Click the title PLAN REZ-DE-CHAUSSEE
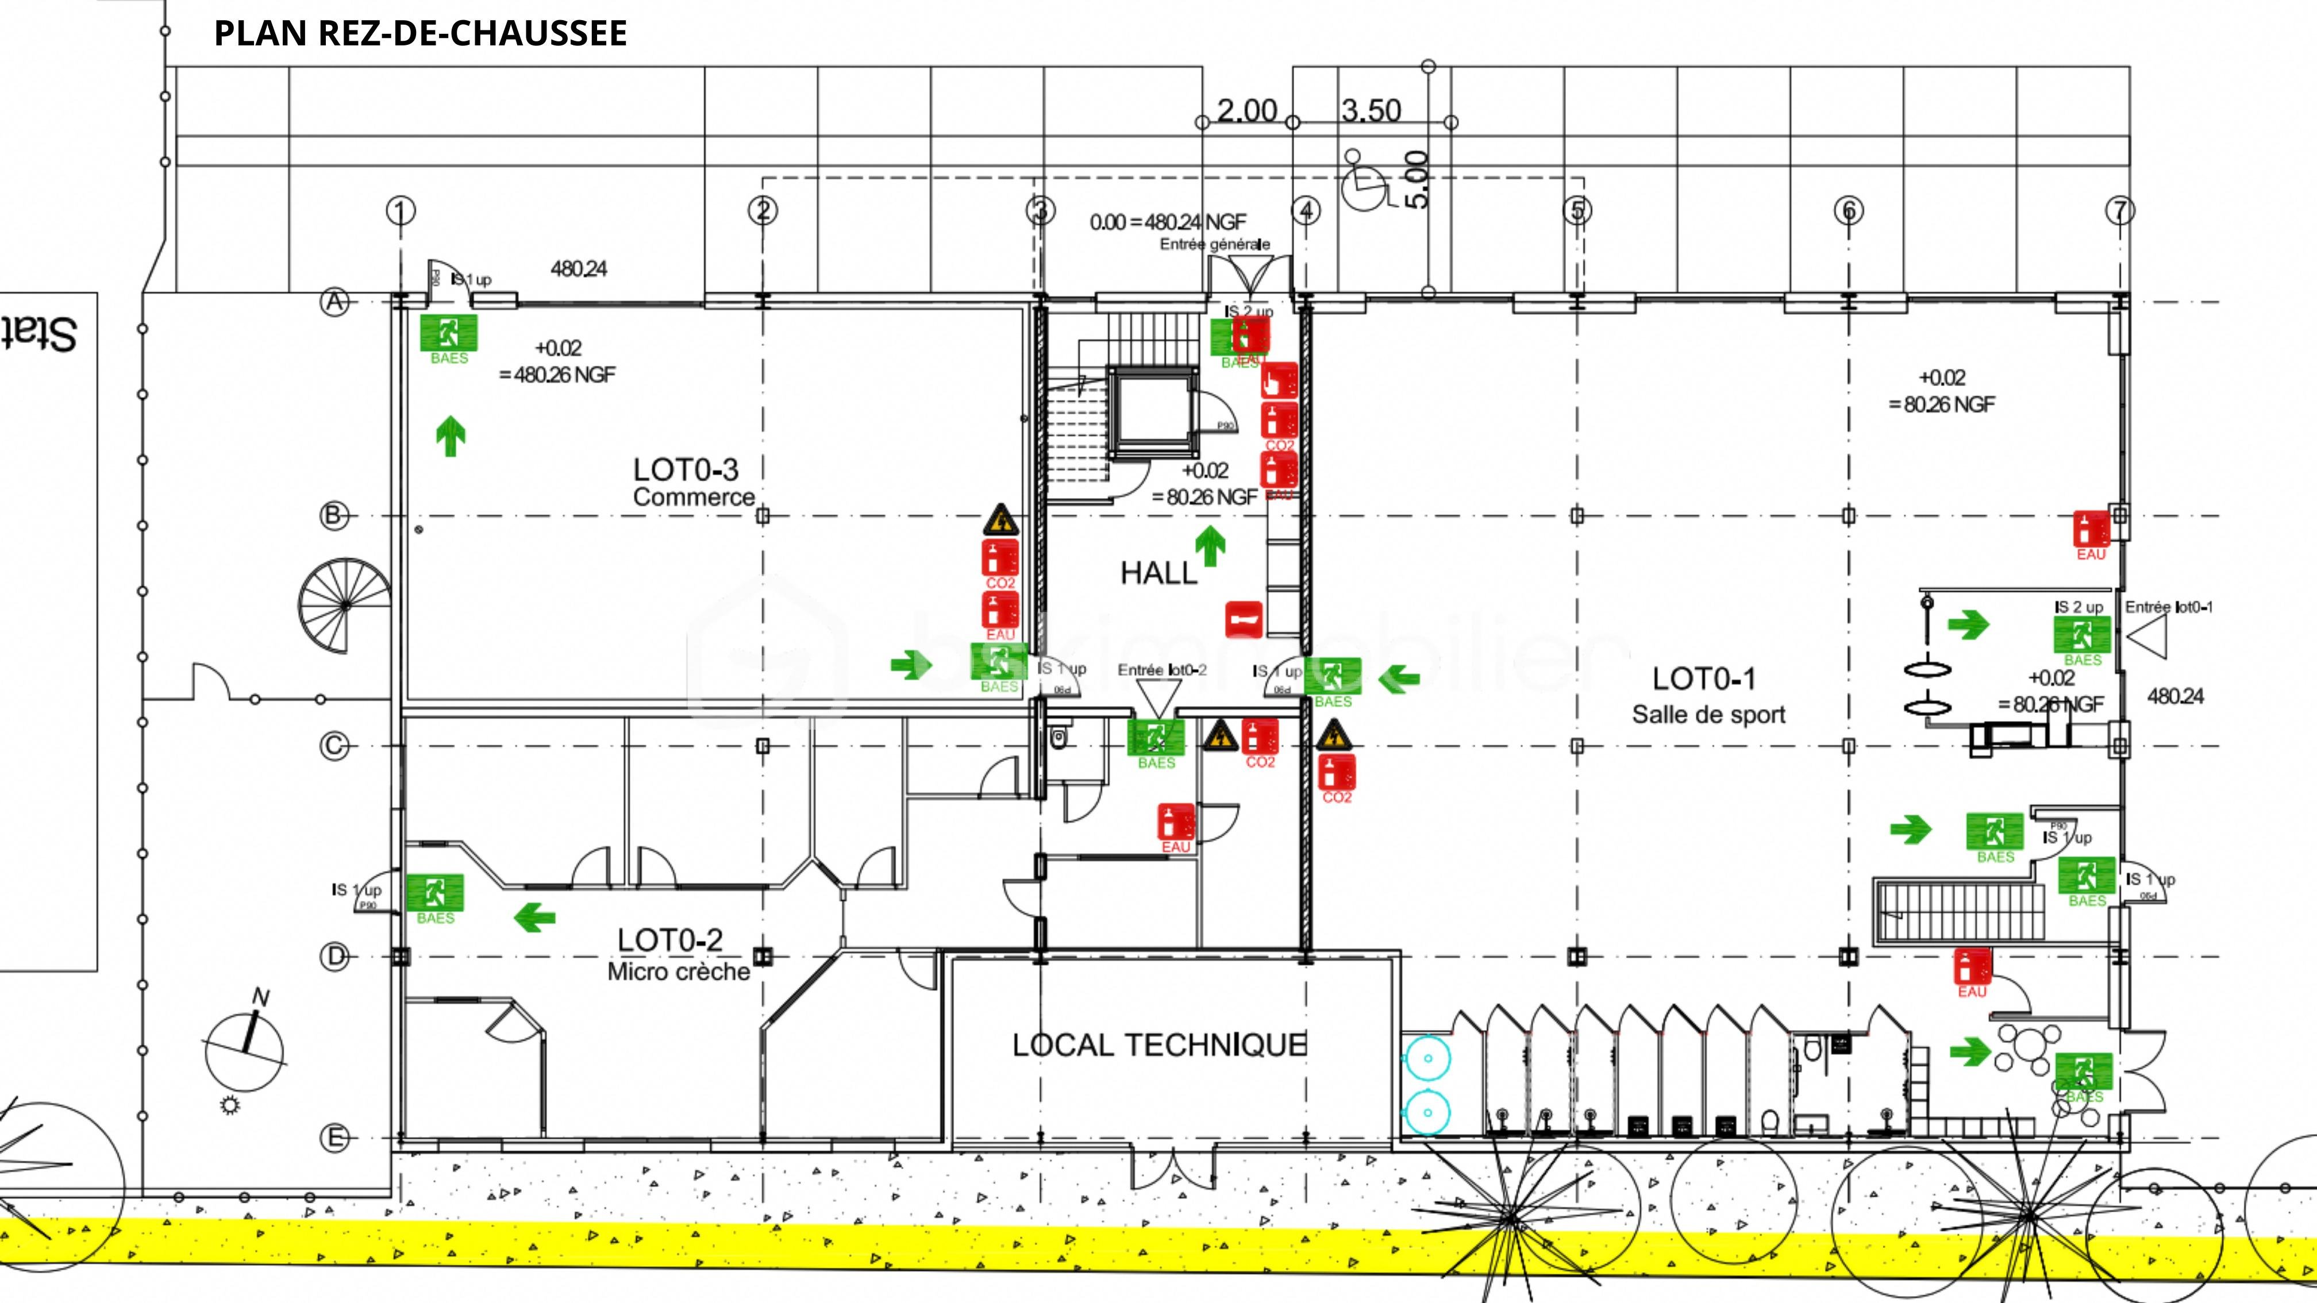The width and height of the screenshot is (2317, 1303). coord(420,33)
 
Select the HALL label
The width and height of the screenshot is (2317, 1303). coord(1158,573)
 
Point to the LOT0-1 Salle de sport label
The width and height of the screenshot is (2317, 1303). coord(1706,694)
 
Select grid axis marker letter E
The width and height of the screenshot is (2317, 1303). coord(334,1139)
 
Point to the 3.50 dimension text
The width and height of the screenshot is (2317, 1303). coord(1371,111)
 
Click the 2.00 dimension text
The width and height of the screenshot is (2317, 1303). coord(1246,111)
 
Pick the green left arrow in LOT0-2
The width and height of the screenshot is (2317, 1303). coord(534,918)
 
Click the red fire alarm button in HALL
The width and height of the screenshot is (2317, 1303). coord(1244,619)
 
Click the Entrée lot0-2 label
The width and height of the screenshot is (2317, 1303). coord(1161,670)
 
